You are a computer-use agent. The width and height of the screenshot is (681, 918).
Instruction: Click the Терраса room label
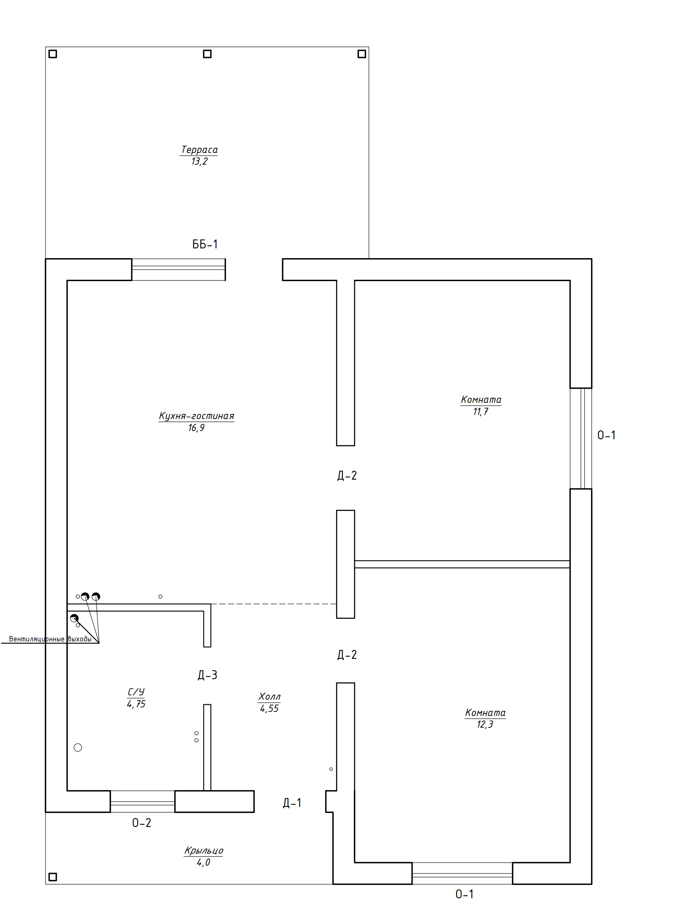point(199,149)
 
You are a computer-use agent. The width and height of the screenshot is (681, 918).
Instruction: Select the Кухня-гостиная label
point(196,416)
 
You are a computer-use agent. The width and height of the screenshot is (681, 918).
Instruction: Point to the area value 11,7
point(481,411)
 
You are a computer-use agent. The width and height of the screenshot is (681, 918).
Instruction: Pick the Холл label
point(269,697)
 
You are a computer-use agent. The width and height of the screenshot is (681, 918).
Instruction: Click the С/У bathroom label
point(136,692)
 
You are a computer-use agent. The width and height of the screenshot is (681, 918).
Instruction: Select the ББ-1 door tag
point(205,244)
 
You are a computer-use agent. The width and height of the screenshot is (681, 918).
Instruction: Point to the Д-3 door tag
point(207,675)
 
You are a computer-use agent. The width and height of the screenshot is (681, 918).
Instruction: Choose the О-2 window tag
point(141,823)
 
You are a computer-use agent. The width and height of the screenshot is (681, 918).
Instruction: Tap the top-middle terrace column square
point(207,54)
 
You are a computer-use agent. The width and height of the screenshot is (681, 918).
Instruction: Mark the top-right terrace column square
point(362,54)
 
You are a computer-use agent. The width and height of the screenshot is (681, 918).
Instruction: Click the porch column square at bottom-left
point(53,877)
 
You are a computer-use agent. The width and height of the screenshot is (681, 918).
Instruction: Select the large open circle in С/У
point(78,747)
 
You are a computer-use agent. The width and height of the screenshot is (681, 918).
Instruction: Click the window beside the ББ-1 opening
point(178,269)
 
